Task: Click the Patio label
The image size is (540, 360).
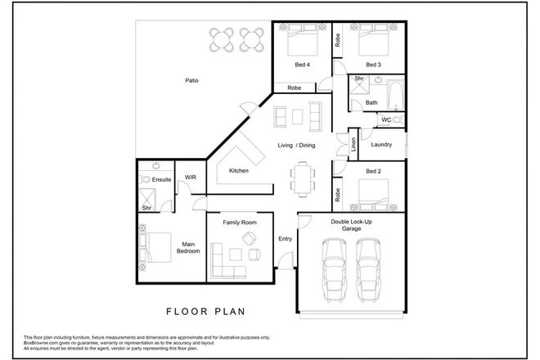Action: point(191,80)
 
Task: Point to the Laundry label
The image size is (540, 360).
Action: point(381,145)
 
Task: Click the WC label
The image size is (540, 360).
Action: point(386,119)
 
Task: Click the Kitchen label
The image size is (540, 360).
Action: point(239,170)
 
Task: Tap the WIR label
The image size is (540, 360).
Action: point(190,176)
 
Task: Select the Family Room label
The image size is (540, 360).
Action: point(241,223)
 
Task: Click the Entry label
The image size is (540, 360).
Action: point(285,238)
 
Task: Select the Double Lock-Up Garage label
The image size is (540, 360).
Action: point(352,225)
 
